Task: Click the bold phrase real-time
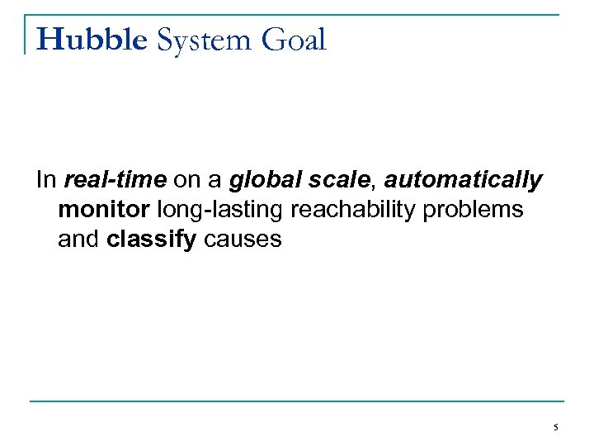[x=115, y=179]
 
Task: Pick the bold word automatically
[x=463, y=179]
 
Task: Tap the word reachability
[x=354, y=210]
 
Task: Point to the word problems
[x=473, y=210]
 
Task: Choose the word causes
[x=239, y=240]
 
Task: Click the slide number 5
[x=556, y=427]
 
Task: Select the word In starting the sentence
[x=46, y=179]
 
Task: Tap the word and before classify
[x=79, y=240]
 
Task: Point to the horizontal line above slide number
[x=297, y=401]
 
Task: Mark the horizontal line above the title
[x=297, y=15]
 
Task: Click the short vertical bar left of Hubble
[x=26, y=35]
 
